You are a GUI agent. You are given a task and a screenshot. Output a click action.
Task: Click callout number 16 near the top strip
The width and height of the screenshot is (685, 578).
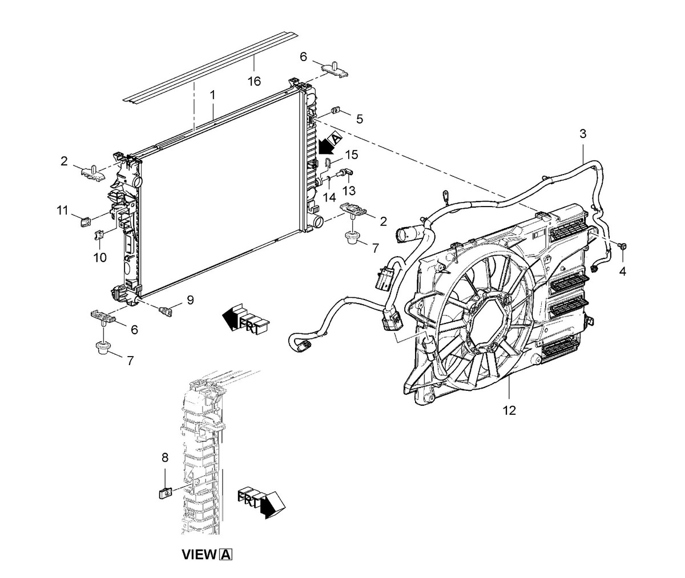pos(254,81)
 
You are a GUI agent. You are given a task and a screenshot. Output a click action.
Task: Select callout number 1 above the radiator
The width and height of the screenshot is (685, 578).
pos(212,95)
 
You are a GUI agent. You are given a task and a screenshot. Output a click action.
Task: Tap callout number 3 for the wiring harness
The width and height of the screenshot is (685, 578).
pos(583,134)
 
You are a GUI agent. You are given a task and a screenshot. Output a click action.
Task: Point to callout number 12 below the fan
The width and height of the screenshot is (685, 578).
pos(509,410)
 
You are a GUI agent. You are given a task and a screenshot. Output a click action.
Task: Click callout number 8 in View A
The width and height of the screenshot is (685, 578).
pos(165,457)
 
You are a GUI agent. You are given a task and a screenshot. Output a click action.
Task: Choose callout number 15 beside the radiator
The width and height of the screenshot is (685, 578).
pos(352,155)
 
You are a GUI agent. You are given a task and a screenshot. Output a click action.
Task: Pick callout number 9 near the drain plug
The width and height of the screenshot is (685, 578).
pos(190,300)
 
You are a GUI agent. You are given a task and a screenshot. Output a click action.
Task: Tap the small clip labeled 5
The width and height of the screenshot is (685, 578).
pos(335,110)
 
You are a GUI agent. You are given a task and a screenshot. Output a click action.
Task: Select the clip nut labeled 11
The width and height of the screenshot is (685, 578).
pos(84,222)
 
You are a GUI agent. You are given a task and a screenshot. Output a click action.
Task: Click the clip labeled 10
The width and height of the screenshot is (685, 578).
pos(100,235)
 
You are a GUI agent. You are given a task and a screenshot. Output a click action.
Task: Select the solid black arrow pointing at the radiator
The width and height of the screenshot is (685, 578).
pos(325,147)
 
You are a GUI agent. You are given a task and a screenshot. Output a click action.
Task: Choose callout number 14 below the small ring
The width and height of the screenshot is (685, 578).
pos(329,197)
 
